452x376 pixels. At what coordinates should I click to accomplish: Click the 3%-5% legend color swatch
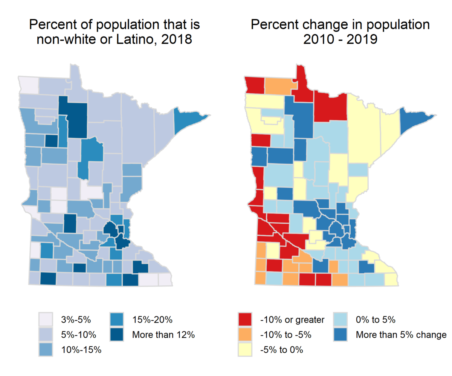click(x=45, y=320)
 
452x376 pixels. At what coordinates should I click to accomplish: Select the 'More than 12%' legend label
click(x=163, y=335)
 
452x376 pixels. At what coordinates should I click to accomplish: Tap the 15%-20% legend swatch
click(x=118, y=320)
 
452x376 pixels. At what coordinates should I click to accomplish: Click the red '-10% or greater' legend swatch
click(x=245, y=320)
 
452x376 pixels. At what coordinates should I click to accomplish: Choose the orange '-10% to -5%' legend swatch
click(x=245, y=335)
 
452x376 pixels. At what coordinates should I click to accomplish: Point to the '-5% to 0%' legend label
click(x=281, y=349)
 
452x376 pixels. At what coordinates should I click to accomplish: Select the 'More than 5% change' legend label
click(x=401, y=335)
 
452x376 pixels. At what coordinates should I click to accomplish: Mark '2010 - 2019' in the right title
click(x=341, y=39)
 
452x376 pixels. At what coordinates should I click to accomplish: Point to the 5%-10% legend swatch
click(x=45, y=335)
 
